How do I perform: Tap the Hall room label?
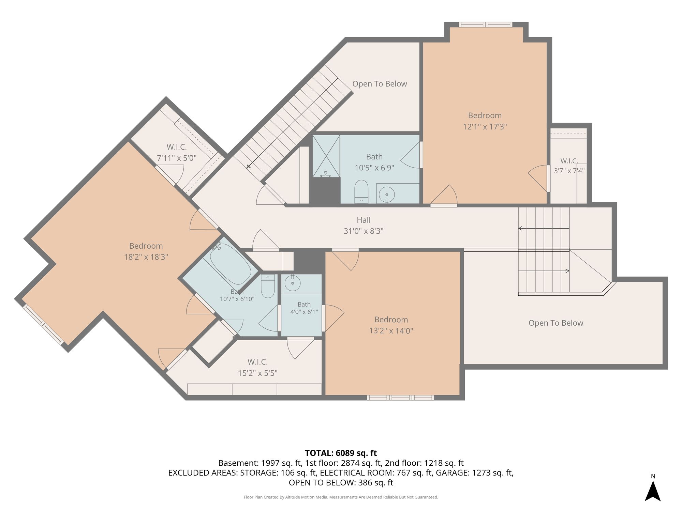click(364, 220)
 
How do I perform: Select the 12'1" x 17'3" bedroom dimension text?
click(485, 127)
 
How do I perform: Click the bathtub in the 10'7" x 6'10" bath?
click(231, 264)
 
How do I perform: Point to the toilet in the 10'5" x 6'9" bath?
click(361, 191)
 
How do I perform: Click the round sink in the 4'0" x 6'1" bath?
click(293, 283)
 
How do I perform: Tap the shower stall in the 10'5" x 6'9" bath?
click(326, 156)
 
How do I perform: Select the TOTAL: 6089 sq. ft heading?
click(341, 453)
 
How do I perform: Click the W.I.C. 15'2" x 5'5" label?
click(257, 367)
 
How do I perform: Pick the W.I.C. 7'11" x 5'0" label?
click(177, 152)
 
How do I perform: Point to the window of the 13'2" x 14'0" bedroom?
click(400, 398)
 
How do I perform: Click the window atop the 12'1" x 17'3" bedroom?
click(485, 25)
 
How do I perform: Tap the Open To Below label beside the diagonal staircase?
click(380, 84)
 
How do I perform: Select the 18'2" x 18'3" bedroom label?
click(146, 251)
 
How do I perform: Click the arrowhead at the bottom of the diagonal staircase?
click(248, 167)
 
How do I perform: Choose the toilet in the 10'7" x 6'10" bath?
click(268, 286)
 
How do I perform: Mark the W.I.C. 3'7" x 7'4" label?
click(569, 166)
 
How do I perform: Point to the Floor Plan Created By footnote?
click(341, 497)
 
